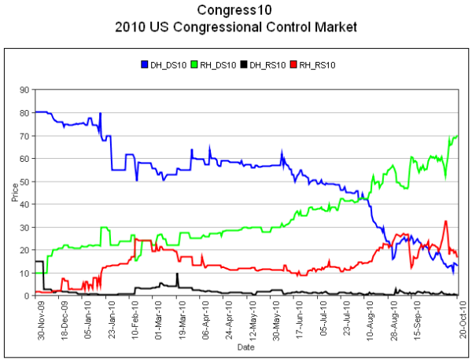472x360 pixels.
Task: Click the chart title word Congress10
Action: pos(236,11)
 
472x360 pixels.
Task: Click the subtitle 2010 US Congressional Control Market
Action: pos(236,28)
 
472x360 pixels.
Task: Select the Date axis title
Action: pos(246,346)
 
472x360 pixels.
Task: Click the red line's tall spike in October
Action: pos(446,222)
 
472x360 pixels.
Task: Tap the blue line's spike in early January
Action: pos(100,114)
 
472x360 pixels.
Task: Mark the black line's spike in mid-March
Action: pos(178,274)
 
